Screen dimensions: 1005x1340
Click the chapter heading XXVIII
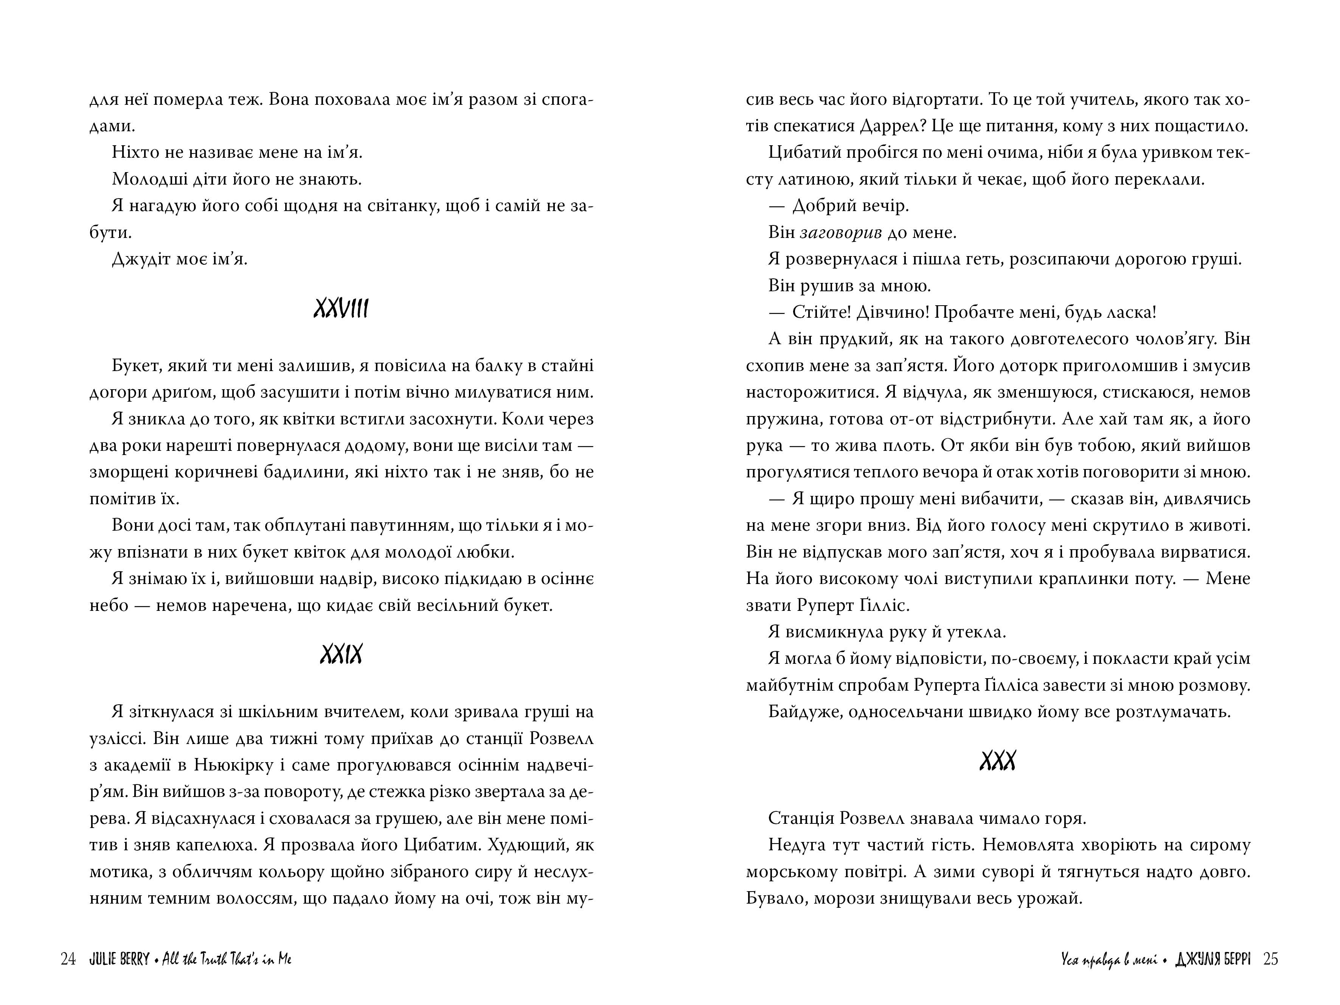click(x=341, y=309)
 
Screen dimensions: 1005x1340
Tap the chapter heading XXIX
click(x=341, y=655)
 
